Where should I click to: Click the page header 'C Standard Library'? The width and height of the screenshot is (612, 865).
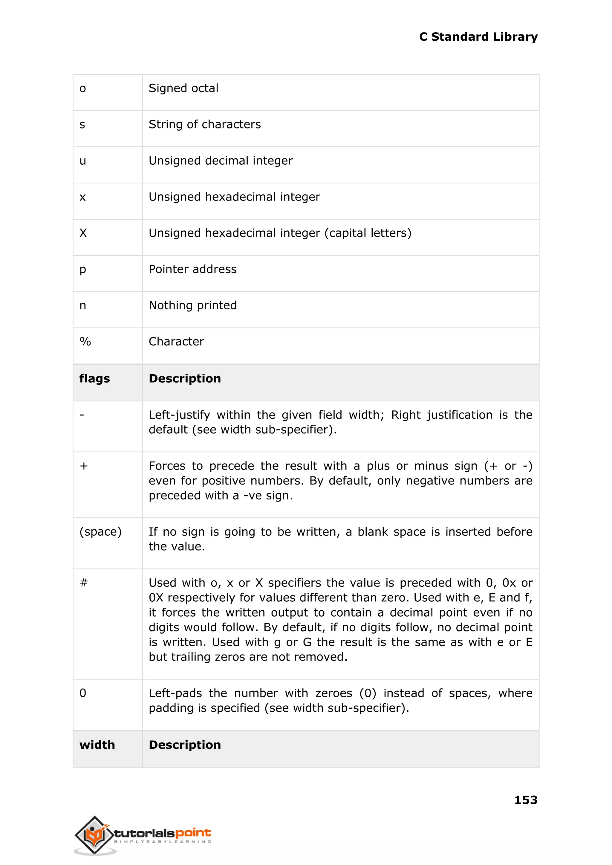[x=478, y=37]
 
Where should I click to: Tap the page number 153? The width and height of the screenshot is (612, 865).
[x=525, y=800]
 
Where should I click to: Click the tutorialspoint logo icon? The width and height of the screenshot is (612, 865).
[x=94, y=835]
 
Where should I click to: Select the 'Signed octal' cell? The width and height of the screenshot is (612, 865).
[x=183, y=88]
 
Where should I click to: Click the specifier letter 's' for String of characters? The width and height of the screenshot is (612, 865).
[x=82, y=125]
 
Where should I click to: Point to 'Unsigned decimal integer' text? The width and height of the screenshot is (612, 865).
[x=221, y=161]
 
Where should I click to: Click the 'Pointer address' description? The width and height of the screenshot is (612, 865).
[x=192, y=269]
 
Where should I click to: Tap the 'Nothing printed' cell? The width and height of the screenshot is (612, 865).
[x=192, y=305]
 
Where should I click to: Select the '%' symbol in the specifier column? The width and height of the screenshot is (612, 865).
[x=85, y=341]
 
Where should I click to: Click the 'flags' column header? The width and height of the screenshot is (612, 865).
[x=95, y=378]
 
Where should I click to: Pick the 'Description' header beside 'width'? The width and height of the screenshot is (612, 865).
[x=185, y=745]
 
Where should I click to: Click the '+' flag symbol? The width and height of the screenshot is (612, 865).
[x=84, y=466]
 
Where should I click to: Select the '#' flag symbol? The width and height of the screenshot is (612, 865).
[x=84, y=583]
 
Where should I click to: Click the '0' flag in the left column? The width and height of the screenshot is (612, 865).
[x=83, y=693]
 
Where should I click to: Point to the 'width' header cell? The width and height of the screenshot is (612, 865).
[x=97, y=745]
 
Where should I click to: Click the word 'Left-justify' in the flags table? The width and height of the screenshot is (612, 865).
[x=179, y=415]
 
